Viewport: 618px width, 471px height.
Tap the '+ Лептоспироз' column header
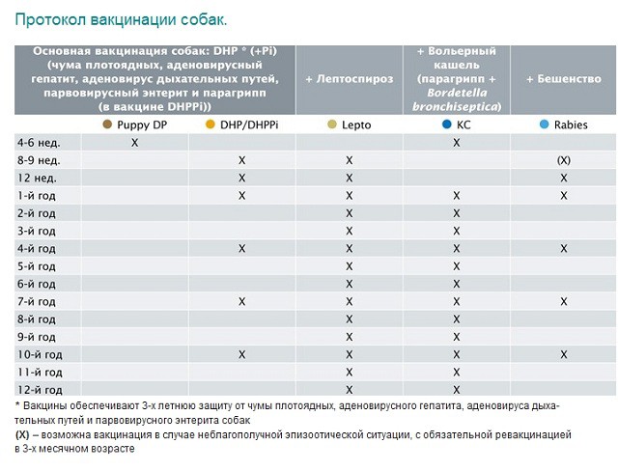pos(349,79)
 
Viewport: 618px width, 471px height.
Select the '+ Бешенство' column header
pos(563,79)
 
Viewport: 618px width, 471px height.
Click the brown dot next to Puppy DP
pos(108,125)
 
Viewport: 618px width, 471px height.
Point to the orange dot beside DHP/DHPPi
pos(211,125)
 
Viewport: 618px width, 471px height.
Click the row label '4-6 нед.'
pos(40,142)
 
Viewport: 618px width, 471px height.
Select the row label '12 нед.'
pos(37,178)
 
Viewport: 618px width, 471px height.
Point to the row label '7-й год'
pos(39,302)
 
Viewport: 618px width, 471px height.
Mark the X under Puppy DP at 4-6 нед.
pos(135,142)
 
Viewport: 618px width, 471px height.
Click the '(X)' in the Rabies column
pos(563,160)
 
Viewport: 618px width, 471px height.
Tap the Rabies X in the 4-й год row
pos(563,249)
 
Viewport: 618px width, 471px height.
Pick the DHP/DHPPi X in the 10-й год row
pos(242,355)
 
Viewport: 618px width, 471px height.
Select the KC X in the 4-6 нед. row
pos(457,142)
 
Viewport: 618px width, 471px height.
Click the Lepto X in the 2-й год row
pos(349,213)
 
